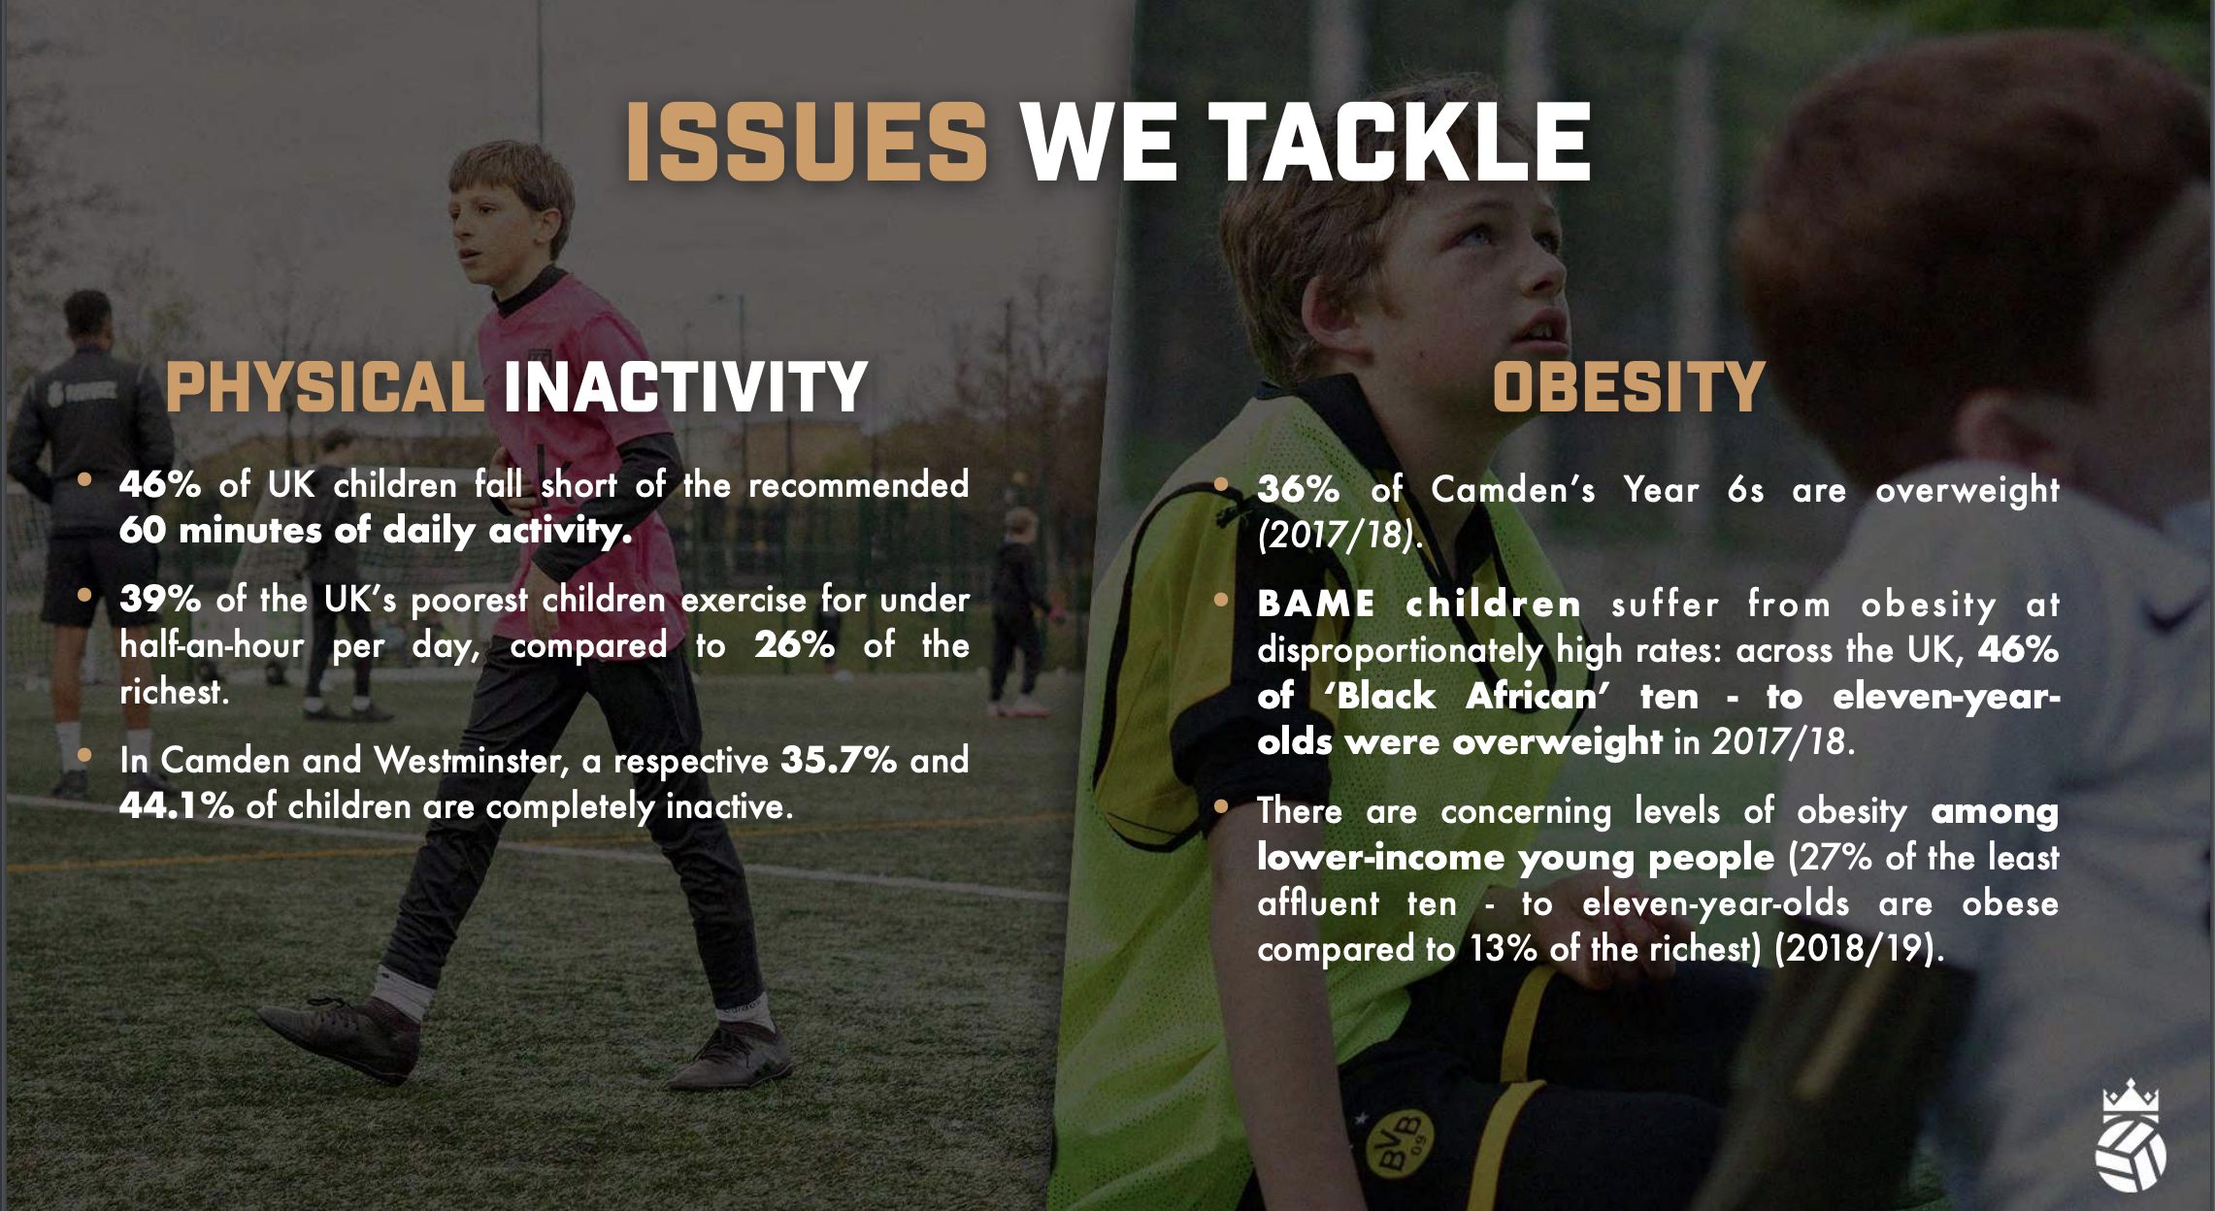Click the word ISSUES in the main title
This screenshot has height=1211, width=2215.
click(x=806, y=143)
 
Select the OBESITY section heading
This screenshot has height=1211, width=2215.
click(x=1628, y=387)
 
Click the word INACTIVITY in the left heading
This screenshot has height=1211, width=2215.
click(x=685, y=387)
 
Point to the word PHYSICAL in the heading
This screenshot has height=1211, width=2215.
click(x=324, y=387)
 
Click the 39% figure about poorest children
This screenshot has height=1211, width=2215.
click(x=160, y=600)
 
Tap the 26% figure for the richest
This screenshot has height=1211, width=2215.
click(x=794, y=645)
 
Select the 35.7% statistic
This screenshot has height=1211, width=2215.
click(x=839, y=760)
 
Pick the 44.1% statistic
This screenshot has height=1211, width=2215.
click(x=177, y=805)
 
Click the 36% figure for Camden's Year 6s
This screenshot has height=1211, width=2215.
click(x=1298, y=489)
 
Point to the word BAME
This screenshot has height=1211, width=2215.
click(x=1315, y=604)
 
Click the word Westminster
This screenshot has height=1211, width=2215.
click(x=471, y=760)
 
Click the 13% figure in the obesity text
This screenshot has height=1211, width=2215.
click(x=1504, y=948)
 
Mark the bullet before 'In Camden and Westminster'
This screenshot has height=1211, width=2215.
click(x=85, y=754)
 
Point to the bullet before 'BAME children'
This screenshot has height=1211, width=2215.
click(x=1221, y=599)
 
